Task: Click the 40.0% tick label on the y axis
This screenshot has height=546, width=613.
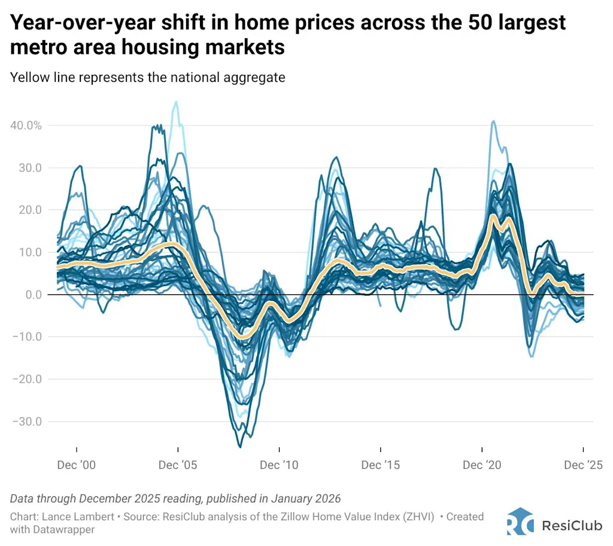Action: point(25,126)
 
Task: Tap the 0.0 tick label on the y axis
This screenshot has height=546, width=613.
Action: point(31,294)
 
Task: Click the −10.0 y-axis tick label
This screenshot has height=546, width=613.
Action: point(26,337)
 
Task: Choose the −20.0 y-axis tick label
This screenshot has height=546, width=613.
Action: point(26,379)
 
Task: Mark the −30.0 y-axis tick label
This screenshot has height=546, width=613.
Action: point(26,421)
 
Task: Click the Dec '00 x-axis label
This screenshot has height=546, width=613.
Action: point(77,465)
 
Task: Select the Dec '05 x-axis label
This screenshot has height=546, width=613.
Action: point(178,465)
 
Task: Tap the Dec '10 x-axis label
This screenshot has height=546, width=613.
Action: point(279,465)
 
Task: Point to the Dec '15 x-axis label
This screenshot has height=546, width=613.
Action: point(380,465)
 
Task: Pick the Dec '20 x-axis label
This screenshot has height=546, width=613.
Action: point(482,465)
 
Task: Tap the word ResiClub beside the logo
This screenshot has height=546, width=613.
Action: point(569,525)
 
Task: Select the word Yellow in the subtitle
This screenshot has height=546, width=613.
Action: point(28,77)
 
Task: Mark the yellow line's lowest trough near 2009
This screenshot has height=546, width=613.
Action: point(242,337)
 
